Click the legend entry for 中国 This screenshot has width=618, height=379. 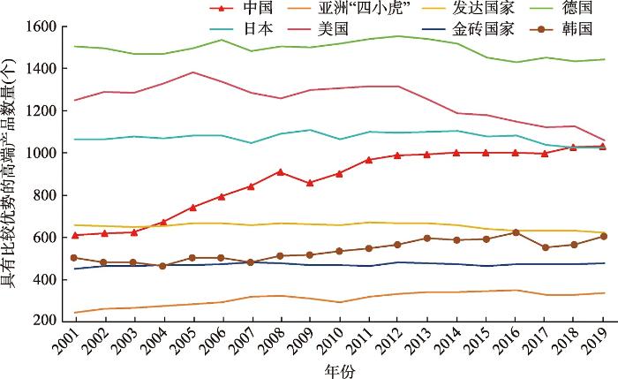pos(239,9)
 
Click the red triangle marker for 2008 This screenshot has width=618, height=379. pos(280,171)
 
